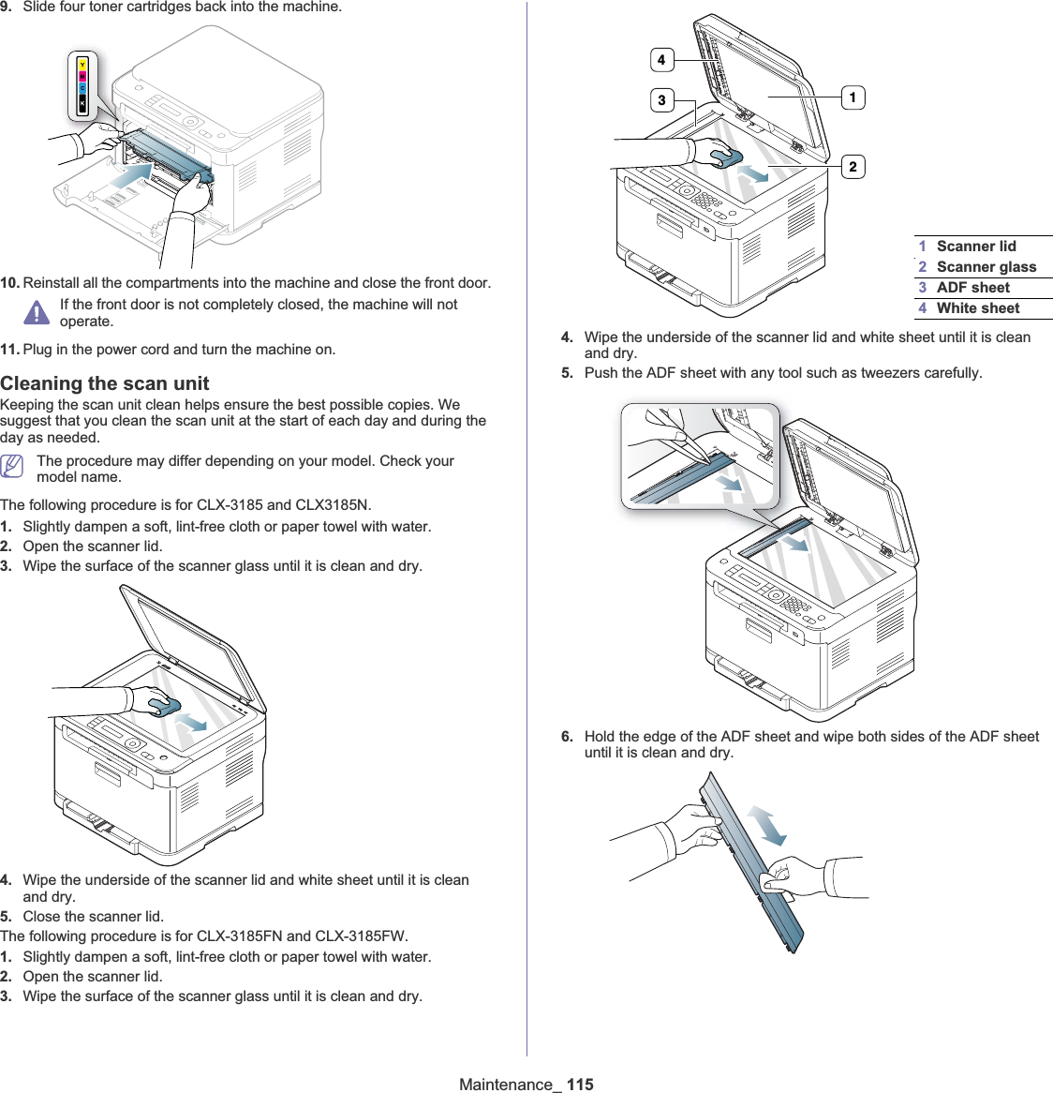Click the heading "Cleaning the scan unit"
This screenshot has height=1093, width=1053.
coord(105,383)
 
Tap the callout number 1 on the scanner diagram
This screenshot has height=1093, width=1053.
coord(853,97)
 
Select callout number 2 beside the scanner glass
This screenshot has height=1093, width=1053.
coord(853,167)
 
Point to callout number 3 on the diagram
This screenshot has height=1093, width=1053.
coord(661,100)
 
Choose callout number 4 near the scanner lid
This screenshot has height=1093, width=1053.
coord(661,60)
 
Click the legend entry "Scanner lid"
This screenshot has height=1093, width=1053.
coord(975,247)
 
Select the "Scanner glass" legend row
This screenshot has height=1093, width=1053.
coord(986,267)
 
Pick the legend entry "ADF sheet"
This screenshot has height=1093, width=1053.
coord(972,288)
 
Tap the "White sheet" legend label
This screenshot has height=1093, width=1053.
coord(977,308)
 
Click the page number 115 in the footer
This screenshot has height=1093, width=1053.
coord(580,1085)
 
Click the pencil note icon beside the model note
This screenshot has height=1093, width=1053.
coord(12,465)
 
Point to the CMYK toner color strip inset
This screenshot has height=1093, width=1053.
coord(82,86)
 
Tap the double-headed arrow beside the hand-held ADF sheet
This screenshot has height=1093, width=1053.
coord(767,825)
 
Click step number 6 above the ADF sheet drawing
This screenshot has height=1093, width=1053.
coord(567,737)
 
